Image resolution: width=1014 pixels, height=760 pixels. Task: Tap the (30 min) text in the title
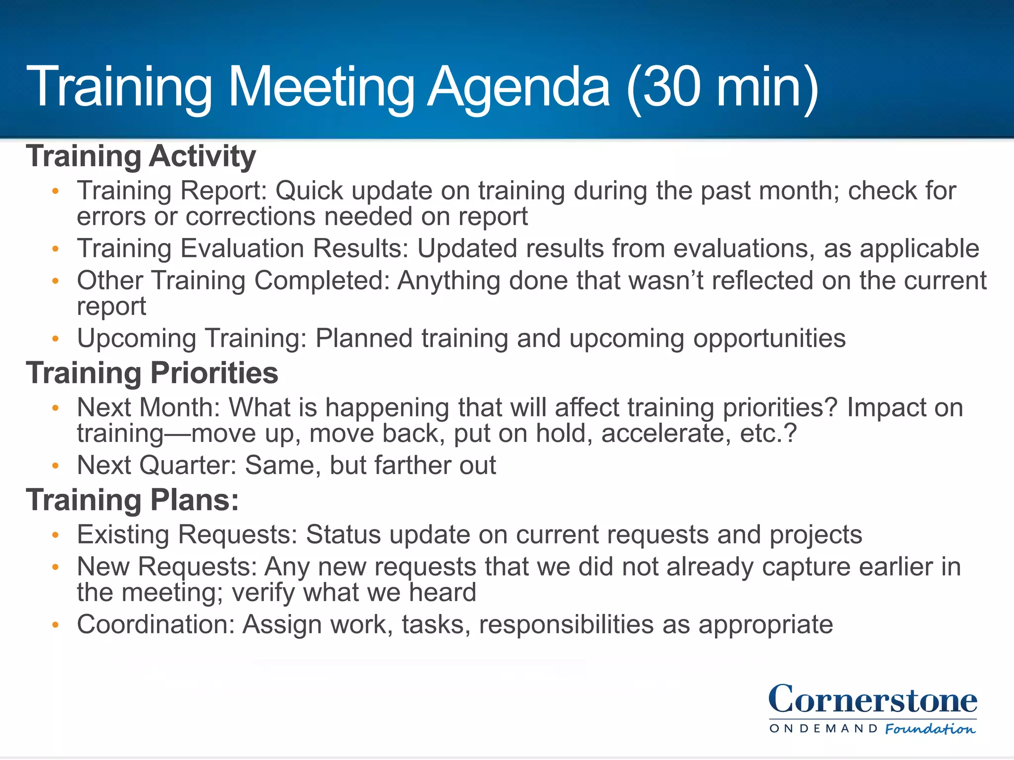tap(722, 88)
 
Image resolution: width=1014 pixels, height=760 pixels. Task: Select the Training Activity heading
tap(141, 156)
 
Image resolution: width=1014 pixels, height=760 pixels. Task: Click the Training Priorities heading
tap(152, 373)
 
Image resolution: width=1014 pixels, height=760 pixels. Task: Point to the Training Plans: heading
tap(133, 500)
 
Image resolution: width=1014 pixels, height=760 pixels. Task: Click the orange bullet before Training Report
tap(55, 191)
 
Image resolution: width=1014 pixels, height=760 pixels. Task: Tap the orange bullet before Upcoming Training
tap(55, 339)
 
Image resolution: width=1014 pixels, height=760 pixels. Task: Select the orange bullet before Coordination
tap(55, 625)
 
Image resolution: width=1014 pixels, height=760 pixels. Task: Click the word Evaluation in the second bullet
tap(242, 248)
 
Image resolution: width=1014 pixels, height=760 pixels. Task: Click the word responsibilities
tap(566, 625)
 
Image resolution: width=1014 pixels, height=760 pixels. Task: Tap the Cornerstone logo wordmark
tap(872, 700)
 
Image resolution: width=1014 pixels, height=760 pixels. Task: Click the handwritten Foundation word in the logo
tap(930, 729)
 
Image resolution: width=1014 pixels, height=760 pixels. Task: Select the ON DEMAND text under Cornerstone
tap(823, 729)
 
